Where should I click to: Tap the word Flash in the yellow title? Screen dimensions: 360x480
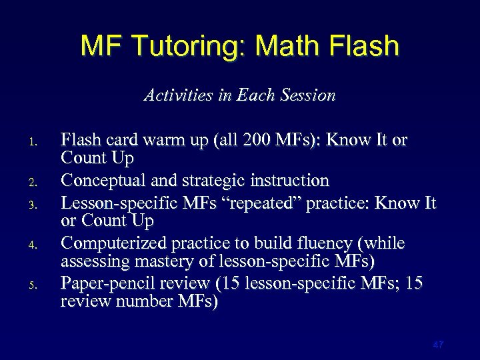(364, 45)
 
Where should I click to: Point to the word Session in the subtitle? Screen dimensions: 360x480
(309, 95)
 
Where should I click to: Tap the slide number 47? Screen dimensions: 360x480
(438, 345)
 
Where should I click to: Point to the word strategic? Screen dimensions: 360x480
(205, 181)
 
